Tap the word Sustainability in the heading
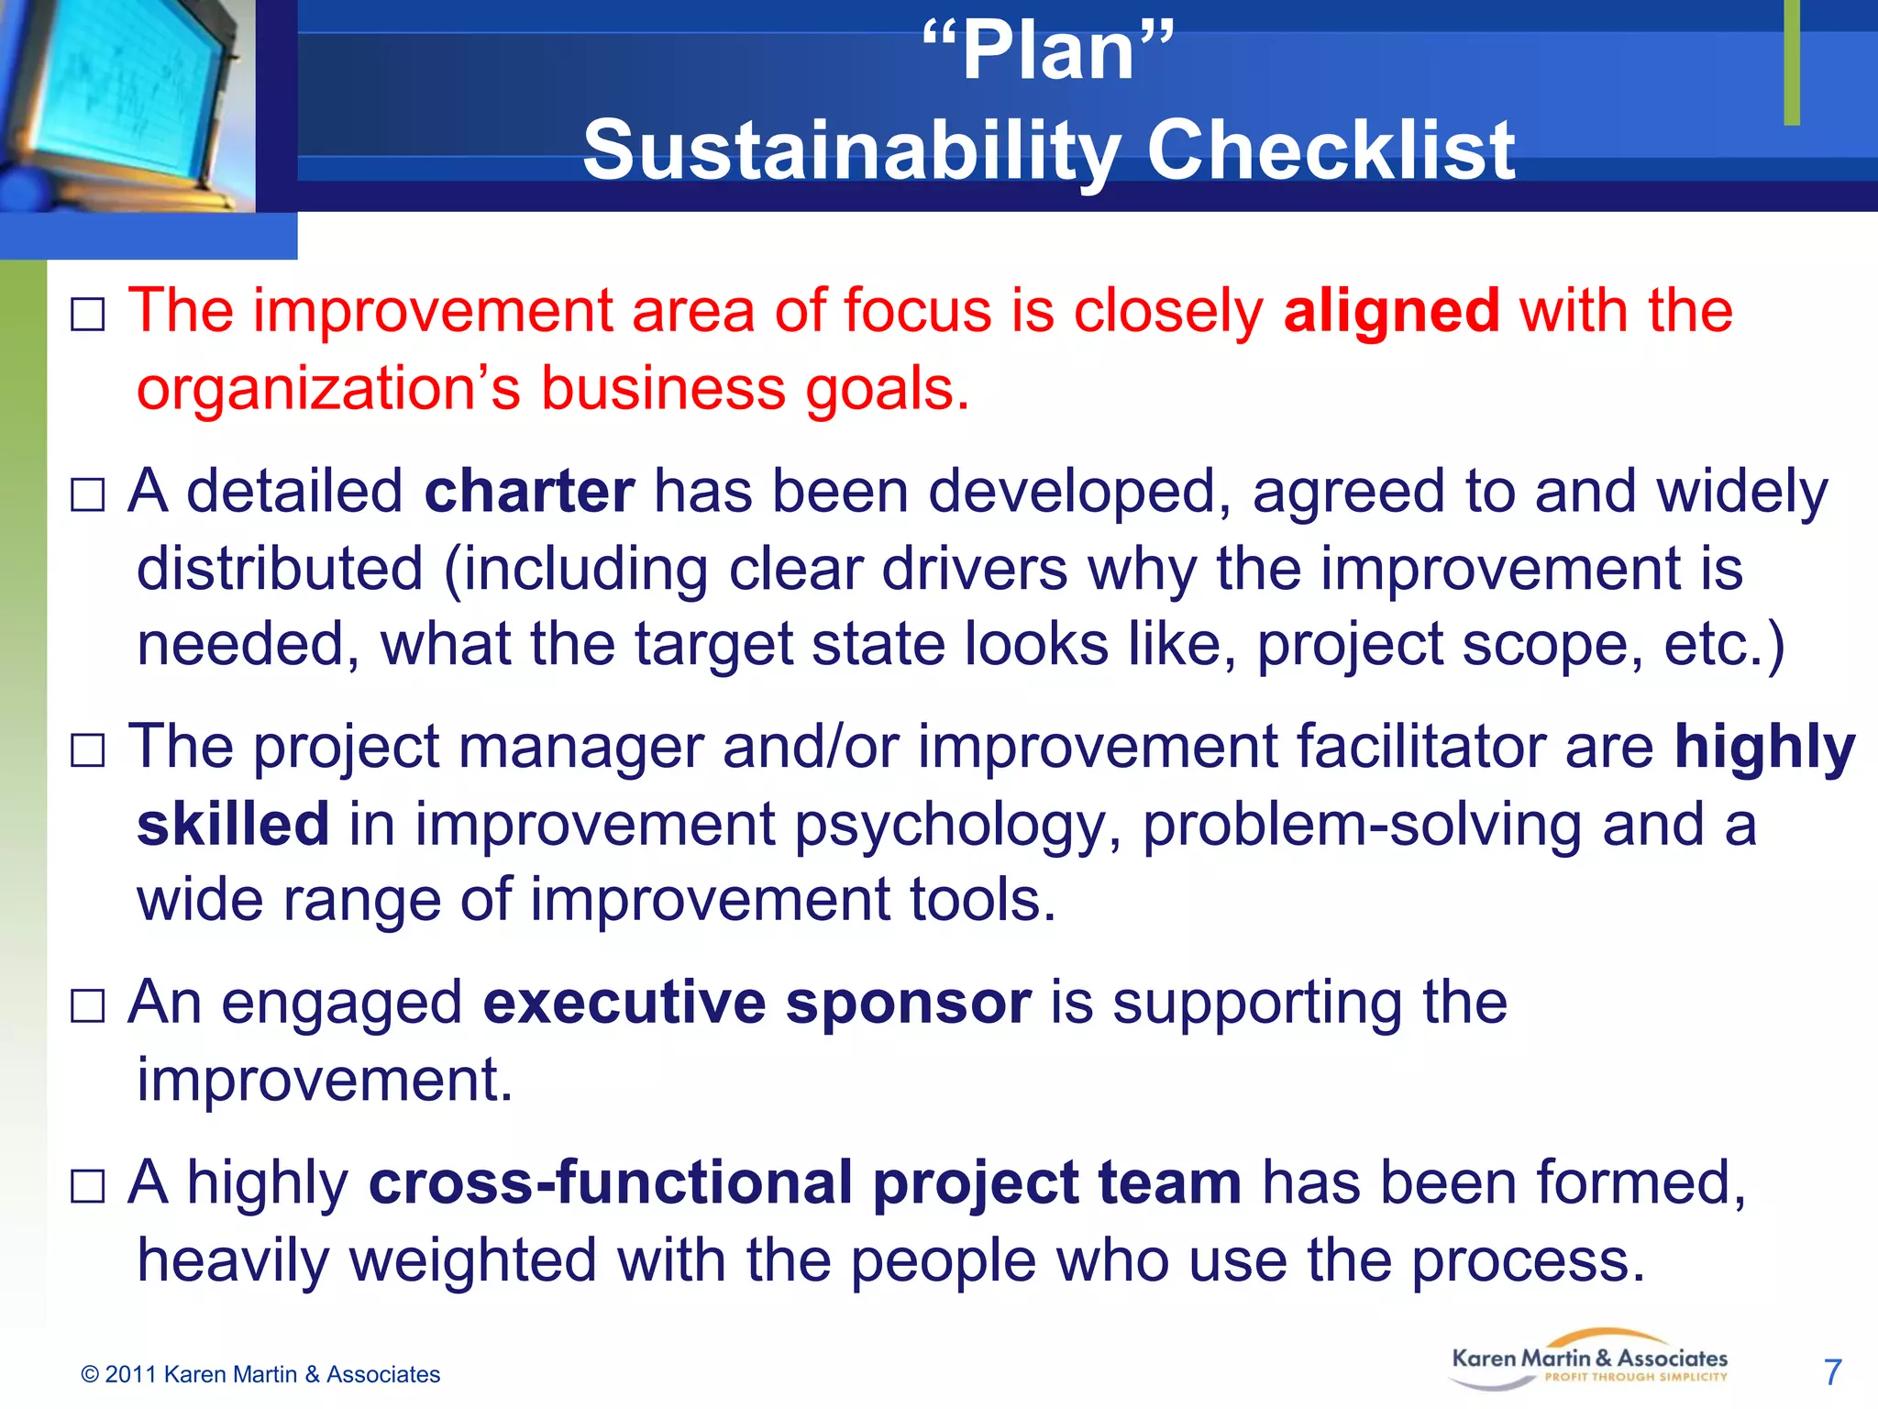[x=852, y=150]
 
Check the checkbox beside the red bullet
[x=88, y=315]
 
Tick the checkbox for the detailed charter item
[x=88, y=495]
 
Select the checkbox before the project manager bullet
[x=88, y=750]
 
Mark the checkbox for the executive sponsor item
[x=88, y=1006]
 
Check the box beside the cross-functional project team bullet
[x=88, y=1186]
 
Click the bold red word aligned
[x=1391, y=312]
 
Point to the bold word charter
[x=529, y=492]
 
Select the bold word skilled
[x=233, y=824]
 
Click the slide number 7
[x=1832, y=1372]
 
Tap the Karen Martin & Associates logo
[x=1589, y=1360]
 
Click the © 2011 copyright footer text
[x=260, y=1374]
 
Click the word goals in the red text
[x=886, y=389]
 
